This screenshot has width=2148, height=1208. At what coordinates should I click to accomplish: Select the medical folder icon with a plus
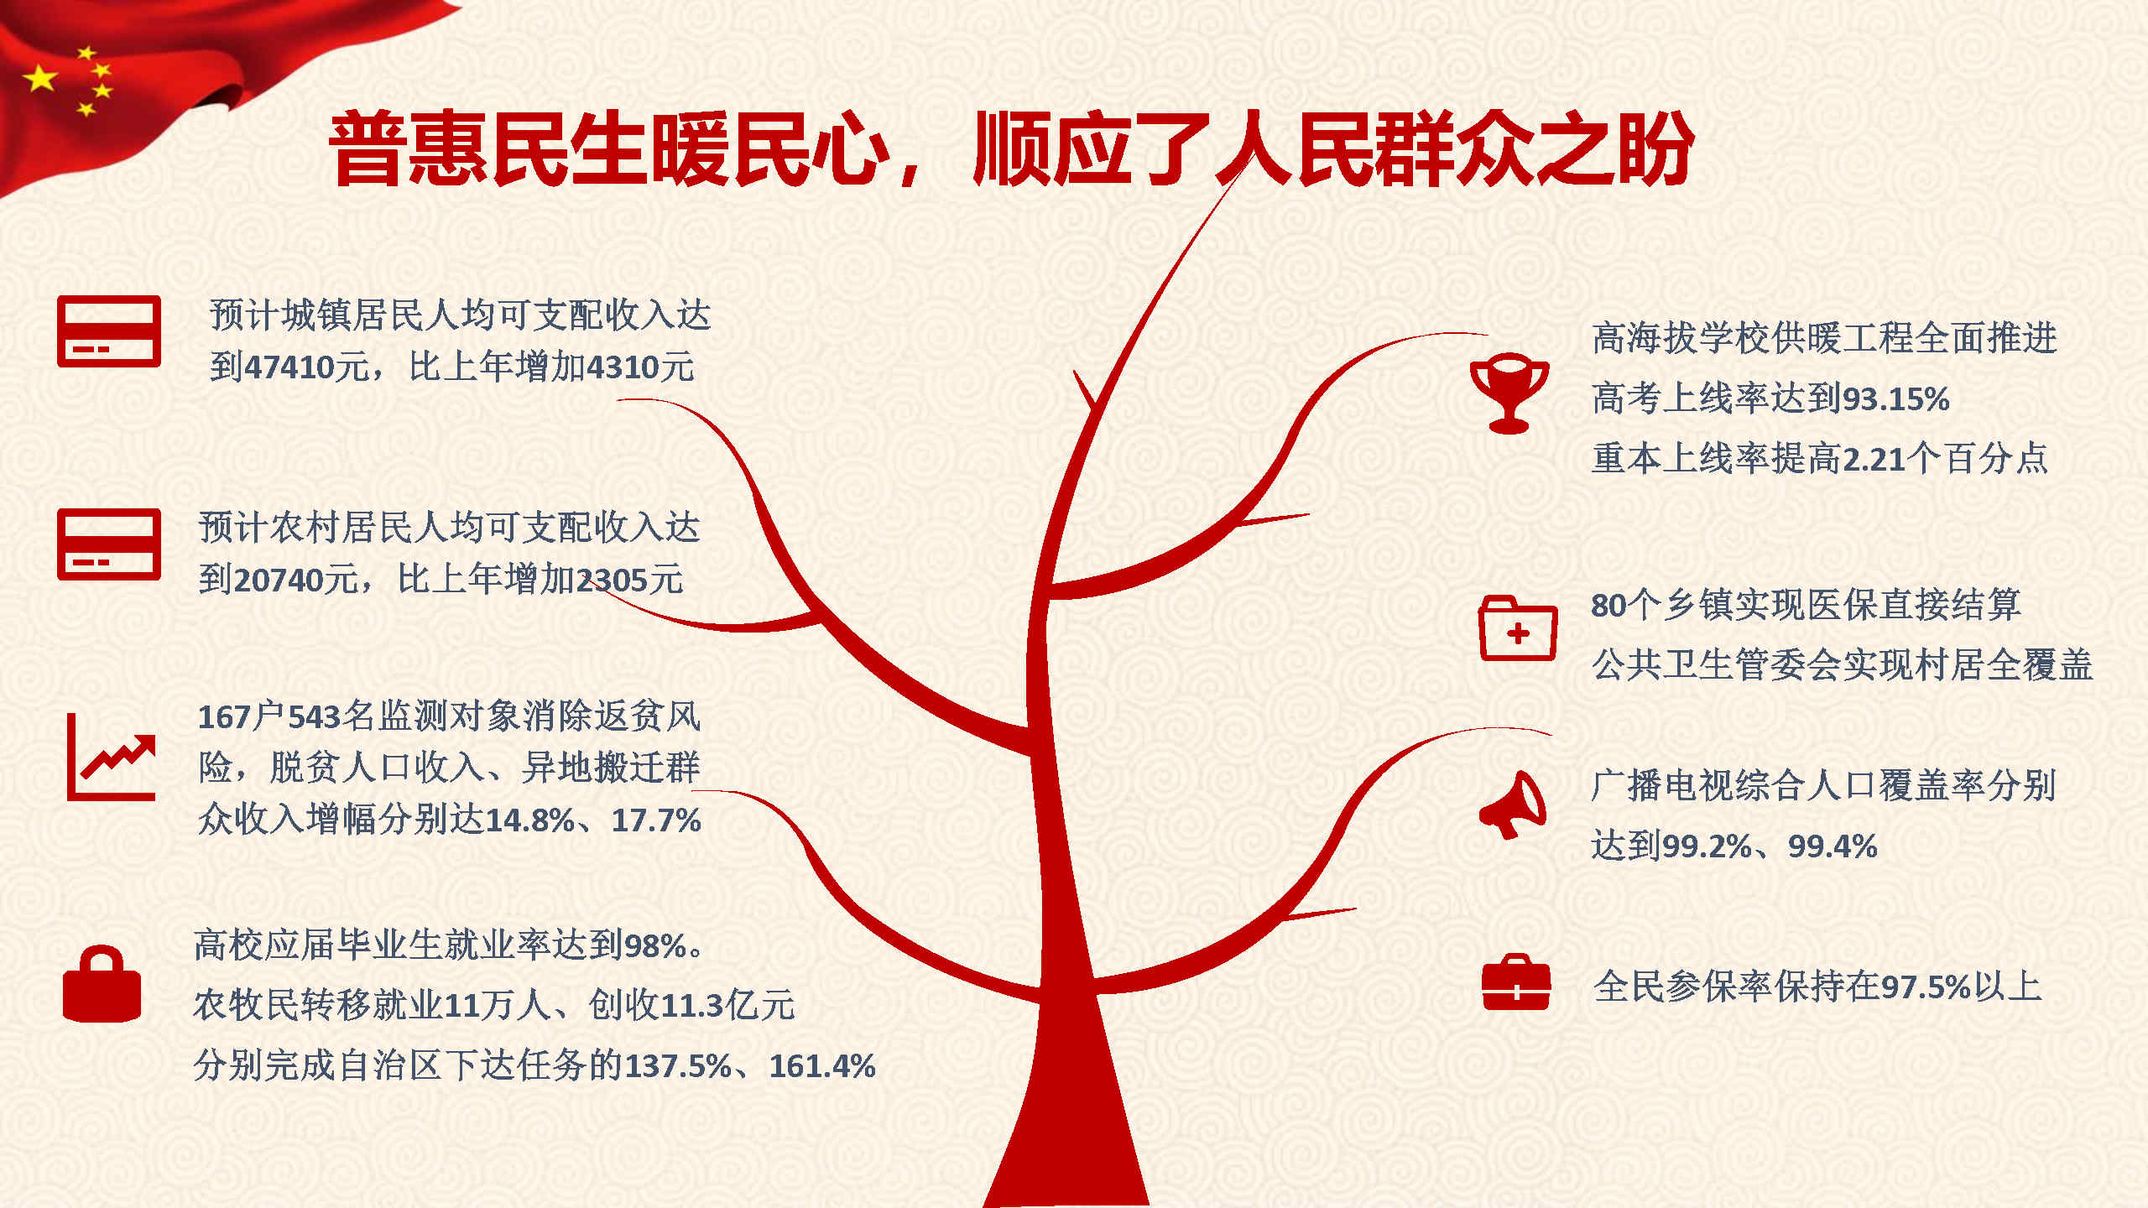(x=1517, y=628)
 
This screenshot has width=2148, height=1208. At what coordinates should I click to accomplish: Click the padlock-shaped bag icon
(x=102, y=984)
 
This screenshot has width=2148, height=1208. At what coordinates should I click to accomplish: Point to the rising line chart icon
(x=111, y=758)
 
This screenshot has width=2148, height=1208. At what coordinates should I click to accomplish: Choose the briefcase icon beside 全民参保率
(x=1515, y=981)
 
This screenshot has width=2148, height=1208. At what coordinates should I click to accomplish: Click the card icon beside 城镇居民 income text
(x=109, y=331)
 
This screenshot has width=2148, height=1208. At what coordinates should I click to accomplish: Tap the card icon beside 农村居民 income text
(x=109, y=544)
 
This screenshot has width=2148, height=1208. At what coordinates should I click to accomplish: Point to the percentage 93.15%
(x=1895, y=399)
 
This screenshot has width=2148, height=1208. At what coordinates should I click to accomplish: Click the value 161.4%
(x=822, y=1066)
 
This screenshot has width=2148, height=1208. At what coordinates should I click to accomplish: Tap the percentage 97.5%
(x=1926, y=987)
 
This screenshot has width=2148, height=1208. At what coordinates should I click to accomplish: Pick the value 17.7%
(x=656, y=820)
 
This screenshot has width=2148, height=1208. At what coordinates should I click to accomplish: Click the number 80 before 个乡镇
(x=1609, y=606)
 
